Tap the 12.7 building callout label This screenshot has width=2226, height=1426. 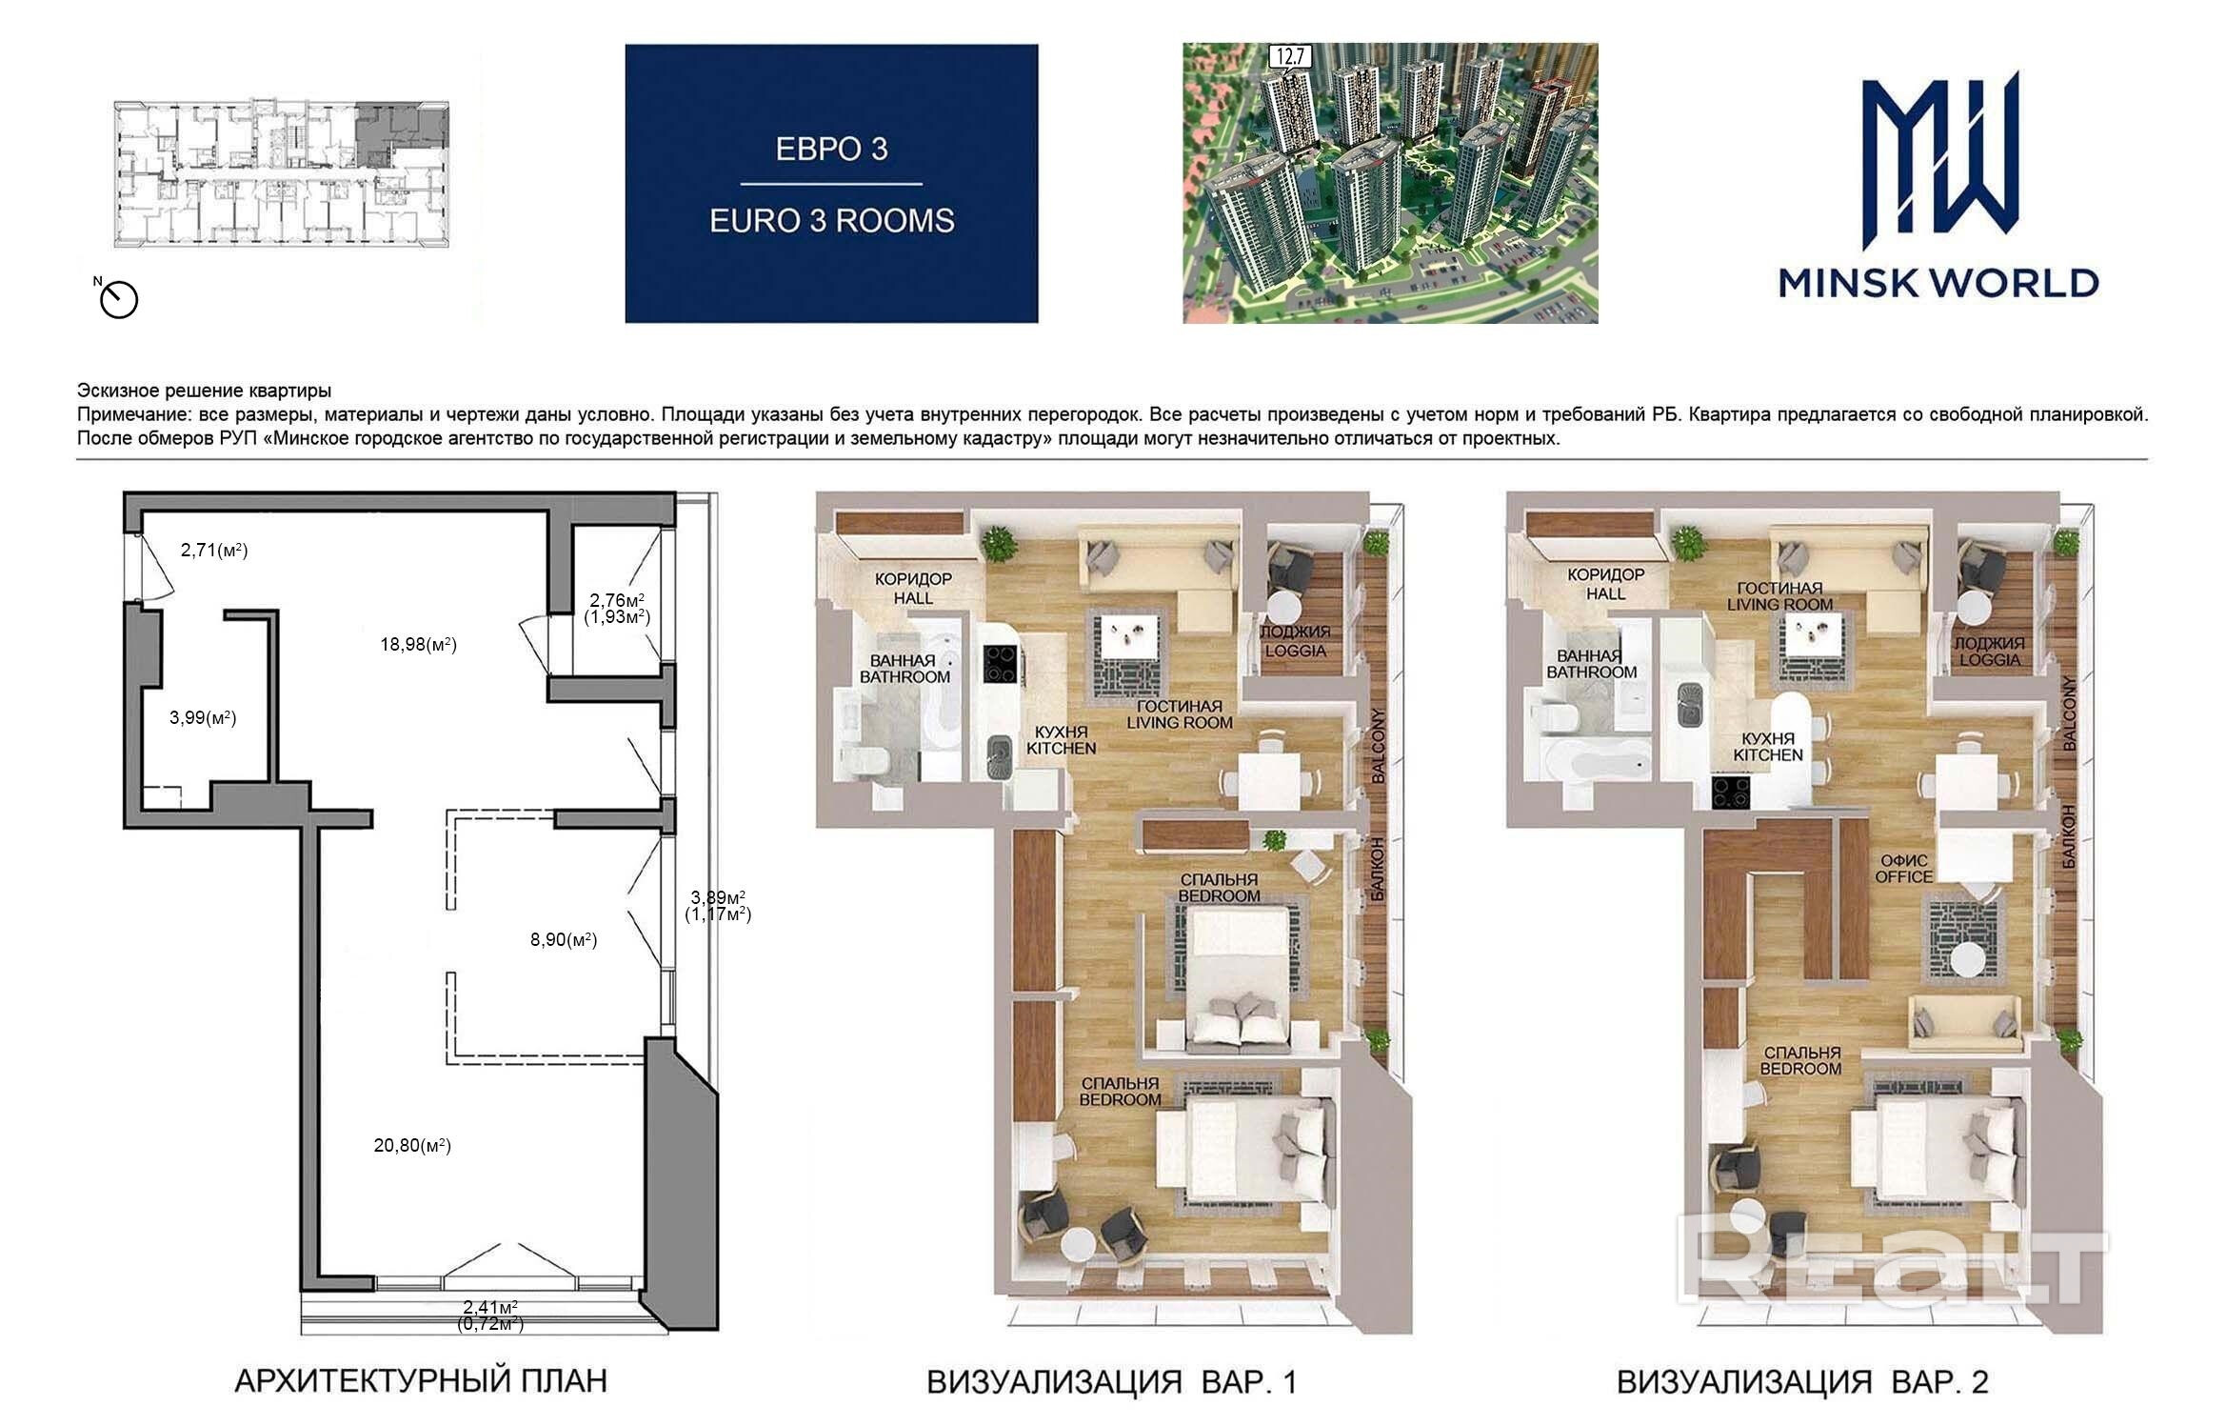tap(1288, 57)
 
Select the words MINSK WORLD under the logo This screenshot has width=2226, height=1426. tap(1939, 282)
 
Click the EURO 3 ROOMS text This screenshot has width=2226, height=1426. tap(831, 221)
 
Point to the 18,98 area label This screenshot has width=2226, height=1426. tap(419, 644)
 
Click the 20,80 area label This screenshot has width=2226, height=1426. tap(412, 1145)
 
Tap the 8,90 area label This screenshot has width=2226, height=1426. tap(564, 939)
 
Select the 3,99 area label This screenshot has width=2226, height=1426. tap(203, 717)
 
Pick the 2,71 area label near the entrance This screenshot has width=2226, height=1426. tap(214, 550)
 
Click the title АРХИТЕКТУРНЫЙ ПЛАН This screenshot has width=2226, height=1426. tap(420, 1380)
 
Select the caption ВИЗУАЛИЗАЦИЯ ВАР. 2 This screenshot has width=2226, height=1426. tap(1802, 1381)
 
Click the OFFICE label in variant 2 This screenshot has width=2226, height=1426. tap(1903, 876)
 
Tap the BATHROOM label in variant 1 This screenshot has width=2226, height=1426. tap(904, 676)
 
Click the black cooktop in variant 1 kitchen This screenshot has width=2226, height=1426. tap(1001, 664)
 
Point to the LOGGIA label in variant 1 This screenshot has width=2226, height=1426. tap(1294, 652)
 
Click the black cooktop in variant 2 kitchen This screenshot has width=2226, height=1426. tap(1732, 793)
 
